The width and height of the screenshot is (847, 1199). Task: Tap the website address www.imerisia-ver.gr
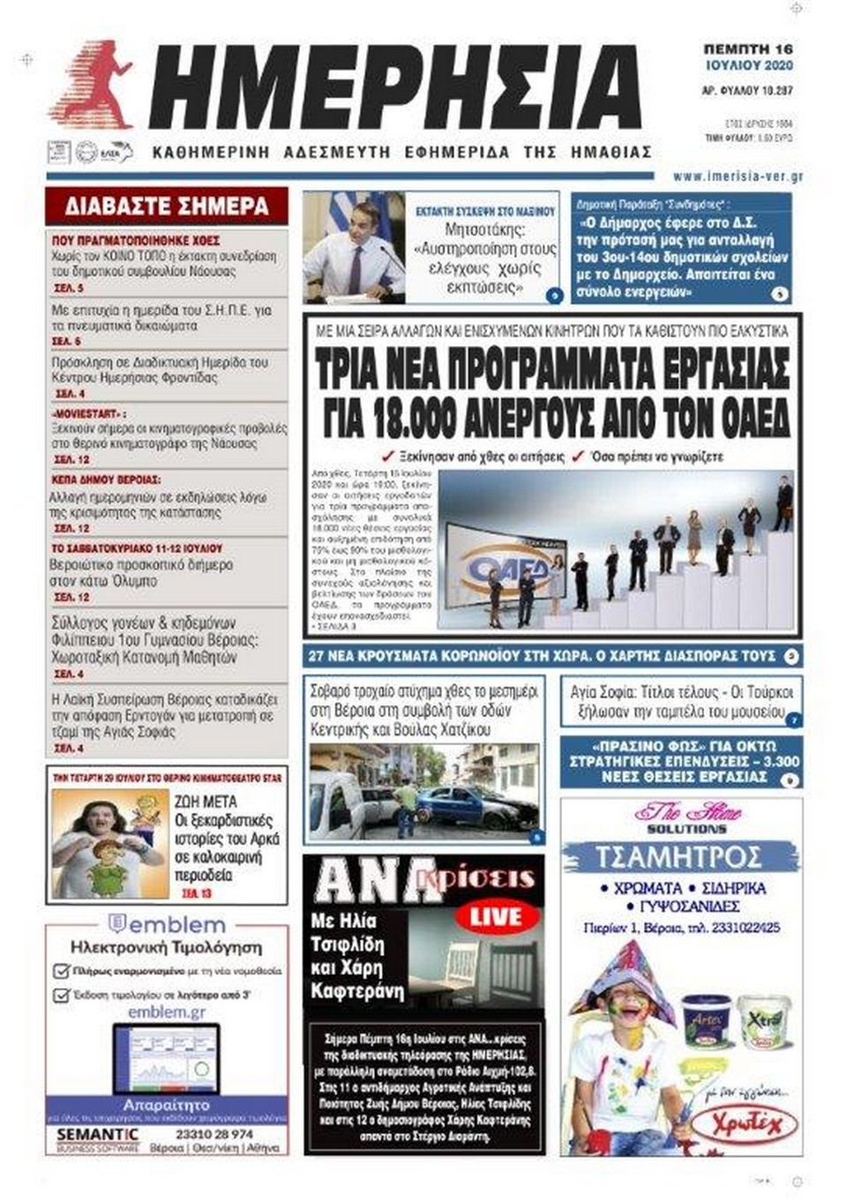(x=738, y=177)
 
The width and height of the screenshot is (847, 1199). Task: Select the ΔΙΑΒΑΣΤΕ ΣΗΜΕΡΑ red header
(x=167, y=207)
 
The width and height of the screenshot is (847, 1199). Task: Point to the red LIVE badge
(x=495, y=916)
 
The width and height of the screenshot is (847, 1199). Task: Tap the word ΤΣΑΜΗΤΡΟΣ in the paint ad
(x=678, y=856)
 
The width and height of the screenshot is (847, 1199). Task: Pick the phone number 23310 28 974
(x=214, y=1134)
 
